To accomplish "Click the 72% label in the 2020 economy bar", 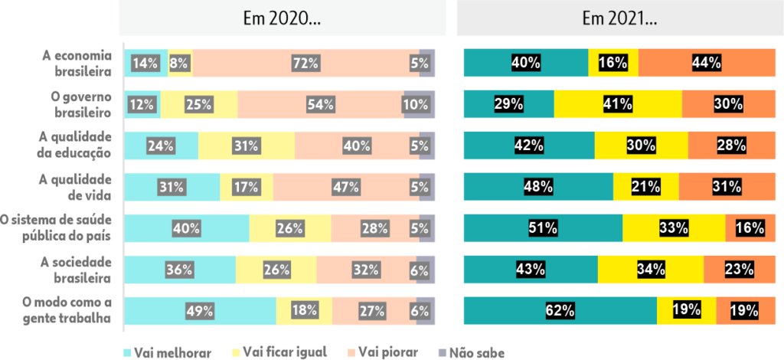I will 305,64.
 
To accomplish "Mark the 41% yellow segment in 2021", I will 617,104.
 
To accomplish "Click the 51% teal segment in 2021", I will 542,228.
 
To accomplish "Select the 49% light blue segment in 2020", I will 200,311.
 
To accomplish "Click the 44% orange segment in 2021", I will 707,64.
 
